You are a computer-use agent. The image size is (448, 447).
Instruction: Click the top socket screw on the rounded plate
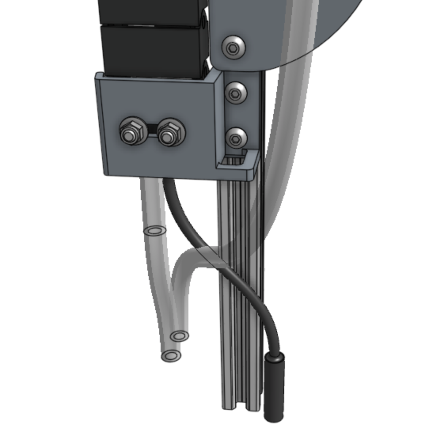pyautogui.click(x=233, y=47)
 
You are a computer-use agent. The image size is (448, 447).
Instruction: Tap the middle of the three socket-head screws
pyautogui.click(x=235, y=93)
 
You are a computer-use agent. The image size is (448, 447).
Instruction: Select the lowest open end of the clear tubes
pyautogui.click(x=171, y=356)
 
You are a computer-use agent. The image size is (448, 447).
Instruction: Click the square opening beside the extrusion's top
pyautogui.click(x=237, y=160)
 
